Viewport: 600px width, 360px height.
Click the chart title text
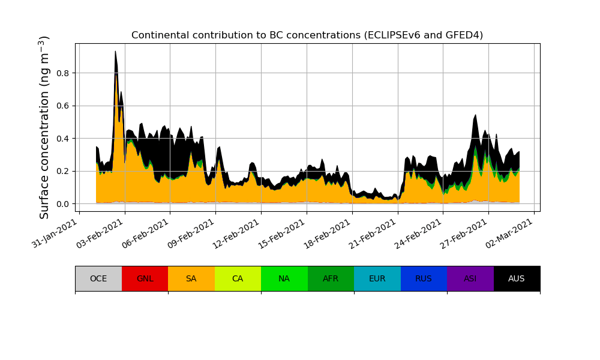tap(307, 35)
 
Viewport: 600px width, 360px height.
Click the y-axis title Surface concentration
tap(44, 127)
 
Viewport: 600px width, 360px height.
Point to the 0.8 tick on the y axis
tap(62, 73)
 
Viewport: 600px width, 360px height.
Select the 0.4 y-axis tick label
tap(62, 139)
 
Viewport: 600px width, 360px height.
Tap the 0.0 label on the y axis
tap(62, 204)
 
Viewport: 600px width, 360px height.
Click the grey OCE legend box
tap(98, 278)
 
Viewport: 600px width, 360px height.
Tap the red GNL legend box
tap(145, 278)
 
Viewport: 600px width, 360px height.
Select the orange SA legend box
tap(191, 278)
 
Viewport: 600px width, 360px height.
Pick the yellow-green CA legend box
tap(238, 278)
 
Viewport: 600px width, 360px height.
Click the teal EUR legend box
tap(377, 278)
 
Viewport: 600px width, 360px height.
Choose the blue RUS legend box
tap(424, 278)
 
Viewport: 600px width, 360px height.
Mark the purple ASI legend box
tap(470, 278)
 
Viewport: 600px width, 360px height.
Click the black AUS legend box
tap(517, 278)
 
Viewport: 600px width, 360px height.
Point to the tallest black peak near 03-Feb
tap(115, 53)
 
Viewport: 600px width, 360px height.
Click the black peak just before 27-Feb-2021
tap(475, 116)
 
